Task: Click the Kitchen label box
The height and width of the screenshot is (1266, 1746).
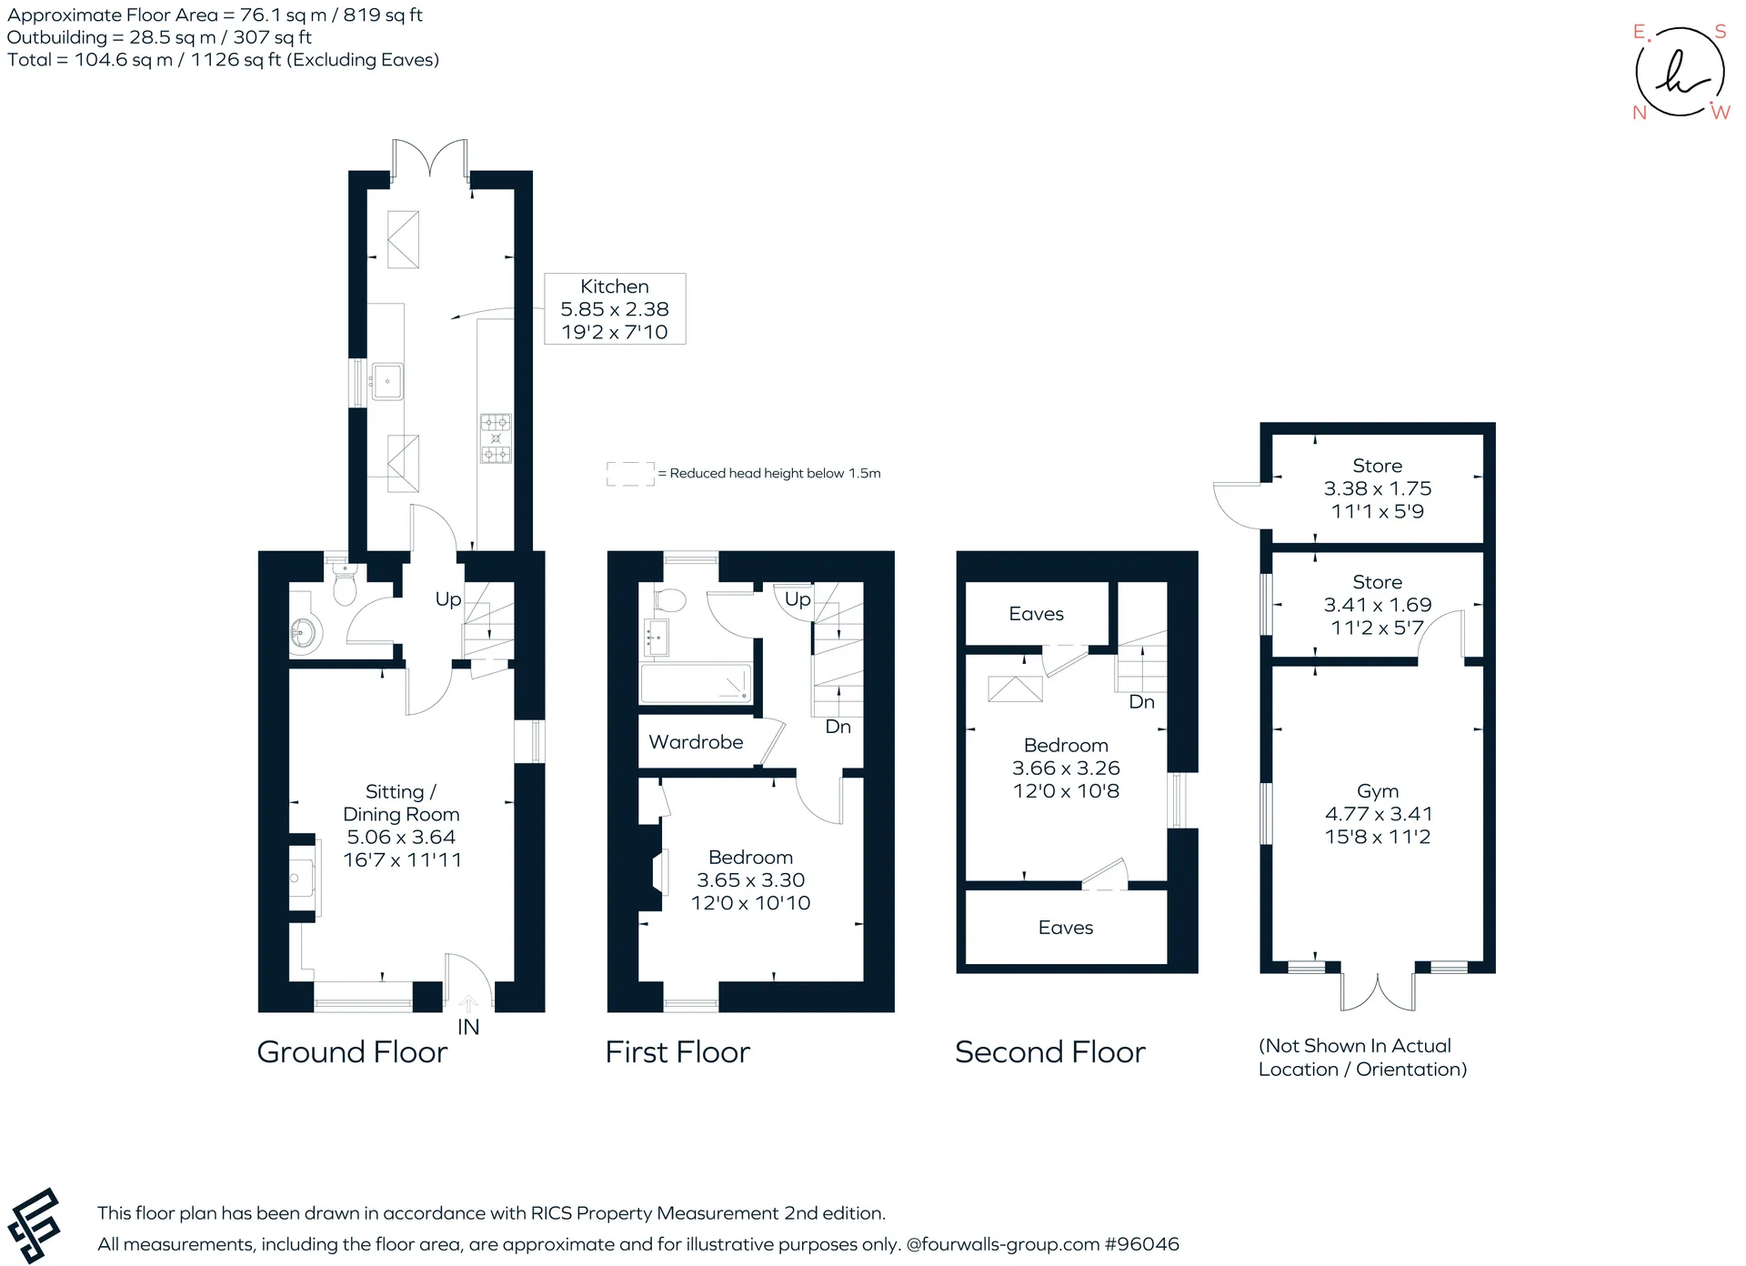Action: [615, 308]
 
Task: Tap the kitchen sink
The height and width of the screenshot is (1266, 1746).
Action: [386, 381]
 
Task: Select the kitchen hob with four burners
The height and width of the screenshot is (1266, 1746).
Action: [496, 438]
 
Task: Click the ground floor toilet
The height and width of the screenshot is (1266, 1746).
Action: [344, 583]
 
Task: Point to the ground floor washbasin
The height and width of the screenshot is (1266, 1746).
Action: [305, 631]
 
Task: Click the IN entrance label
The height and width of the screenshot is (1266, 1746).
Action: [468, 1027]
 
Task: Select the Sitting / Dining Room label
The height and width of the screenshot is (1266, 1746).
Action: [402, 826]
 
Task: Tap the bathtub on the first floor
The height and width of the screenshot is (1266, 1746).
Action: [696, 684]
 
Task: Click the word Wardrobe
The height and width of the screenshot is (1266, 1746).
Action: [696, 742]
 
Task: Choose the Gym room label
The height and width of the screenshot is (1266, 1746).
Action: [1378, 814]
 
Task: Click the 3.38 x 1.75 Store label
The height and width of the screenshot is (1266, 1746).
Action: [1378, 488]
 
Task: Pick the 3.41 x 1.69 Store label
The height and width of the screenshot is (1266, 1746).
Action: [1378, 605]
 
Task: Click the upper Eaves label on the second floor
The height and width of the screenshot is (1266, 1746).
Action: [1036, 614]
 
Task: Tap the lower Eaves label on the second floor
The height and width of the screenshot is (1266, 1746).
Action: [1066, 928]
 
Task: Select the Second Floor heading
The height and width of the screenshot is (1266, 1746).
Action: [1050, 1052]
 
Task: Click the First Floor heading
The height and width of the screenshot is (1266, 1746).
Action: [677, 1052]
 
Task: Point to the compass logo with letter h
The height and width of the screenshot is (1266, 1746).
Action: [1681, 72]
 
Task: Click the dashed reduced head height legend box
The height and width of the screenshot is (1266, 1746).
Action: [630, 474]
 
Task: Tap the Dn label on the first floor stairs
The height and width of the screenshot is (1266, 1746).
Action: [838, 727]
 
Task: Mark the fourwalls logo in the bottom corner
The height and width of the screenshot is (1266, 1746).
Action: [34, 1225]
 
